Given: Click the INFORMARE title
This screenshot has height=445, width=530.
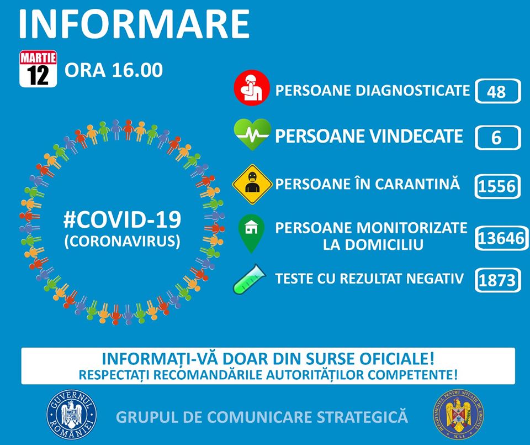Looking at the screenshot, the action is (x=134, y=24).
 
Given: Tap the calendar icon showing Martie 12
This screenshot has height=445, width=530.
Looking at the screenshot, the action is (x=38, y=69).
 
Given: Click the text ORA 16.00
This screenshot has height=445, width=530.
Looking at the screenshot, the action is (x=114, y=70).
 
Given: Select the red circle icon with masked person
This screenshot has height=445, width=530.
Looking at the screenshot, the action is (x=252, y=88).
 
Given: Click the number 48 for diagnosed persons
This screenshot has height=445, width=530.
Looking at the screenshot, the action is (x=496, y=92).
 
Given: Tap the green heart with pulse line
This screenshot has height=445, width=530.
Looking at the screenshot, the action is (x=252, y=134).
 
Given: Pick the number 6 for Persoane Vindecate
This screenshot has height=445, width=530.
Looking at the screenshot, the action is (x=496, y=138).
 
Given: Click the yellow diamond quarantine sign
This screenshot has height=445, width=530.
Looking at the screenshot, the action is (x=252, y=185).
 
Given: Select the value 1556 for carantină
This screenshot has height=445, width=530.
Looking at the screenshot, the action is (x=497, y=186).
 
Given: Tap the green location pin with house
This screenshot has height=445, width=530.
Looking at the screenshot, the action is (x=251, y=233).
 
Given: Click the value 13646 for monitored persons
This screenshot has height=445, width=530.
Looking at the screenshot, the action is (x=501, y=238).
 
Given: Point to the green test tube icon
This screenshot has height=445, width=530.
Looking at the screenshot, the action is (x=250, y=279).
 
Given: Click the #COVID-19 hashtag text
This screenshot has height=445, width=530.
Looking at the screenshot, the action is (x=123, y=219).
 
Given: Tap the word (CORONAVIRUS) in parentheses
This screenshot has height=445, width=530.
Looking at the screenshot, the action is (x=123, y=241).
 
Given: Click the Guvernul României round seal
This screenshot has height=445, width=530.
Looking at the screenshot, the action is (x=71, y=415).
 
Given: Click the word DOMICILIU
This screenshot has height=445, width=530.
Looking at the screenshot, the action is (x=373, y=245).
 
